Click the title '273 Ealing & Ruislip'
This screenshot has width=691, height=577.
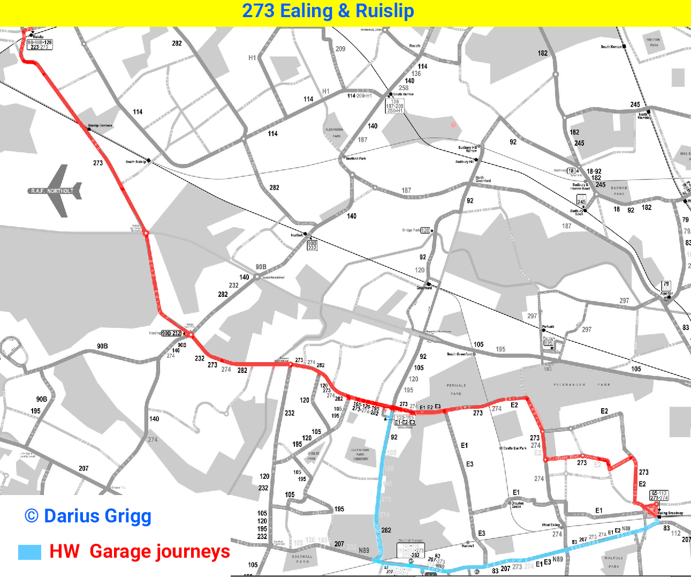point(328,11)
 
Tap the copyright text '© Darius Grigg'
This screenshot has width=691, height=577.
point(88,516)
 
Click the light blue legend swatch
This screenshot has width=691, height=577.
point(29,552)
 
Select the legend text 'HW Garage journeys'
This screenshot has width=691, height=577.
point(139,551)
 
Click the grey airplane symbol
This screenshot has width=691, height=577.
point(59,190)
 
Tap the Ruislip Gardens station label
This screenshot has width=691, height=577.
point(100,126)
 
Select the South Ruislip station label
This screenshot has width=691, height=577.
point(136,161)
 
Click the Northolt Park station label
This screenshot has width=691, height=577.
point(356,159)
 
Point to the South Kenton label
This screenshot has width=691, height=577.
point(611,47)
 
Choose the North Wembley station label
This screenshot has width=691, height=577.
point(643,116)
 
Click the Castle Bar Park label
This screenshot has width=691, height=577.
point(515,448)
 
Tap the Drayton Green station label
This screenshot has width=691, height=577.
point(517,505)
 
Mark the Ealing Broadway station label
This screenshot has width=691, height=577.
point(670,513)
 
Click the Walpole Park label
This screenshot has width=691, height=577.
point(613,562)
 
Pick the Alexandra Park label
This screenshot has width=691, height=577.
point(334,132)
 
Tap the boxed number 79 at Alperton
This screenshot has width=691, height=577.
point(666,285)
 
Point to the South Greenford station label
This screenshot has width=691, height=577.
point(459,354)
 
